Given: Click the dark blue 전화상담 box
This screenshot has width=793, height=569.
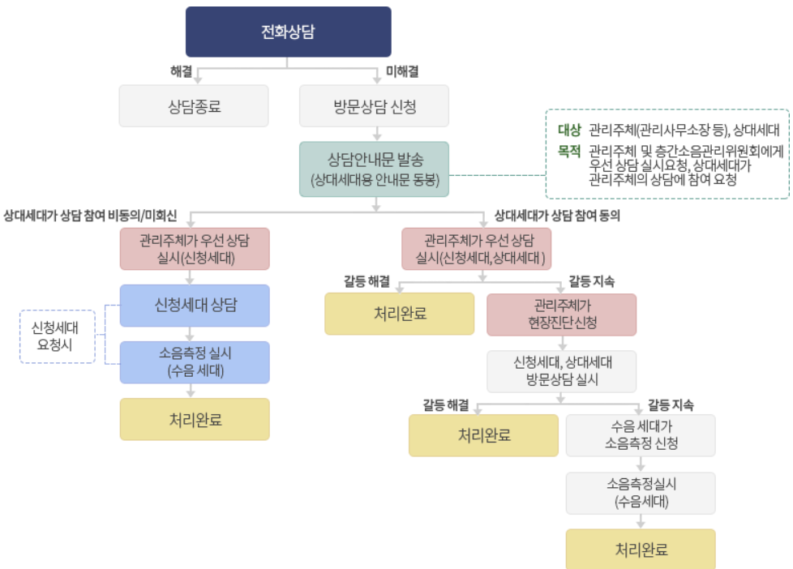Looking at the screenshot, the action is pyautogui.click(x=289, y=32).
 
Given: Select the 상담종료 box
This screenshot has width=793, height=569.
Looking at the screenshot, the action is pyautogui.click(x=194, y=106).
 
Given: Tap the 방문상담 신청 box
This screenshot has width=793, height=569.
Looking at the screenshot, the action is pyautogui.click(x=374, y=106).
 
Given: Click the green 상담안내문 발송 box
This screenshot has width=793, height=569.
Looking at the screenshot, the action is pyautogui.click(x=374, y=169).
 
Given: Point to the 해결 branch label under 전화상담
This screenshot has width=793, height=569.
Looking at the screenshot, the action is pyautogui.click(x=181, y=71).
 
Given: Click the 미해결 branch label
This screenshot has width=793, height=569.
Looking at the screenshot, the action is pyautogui.click(x=402, y=71).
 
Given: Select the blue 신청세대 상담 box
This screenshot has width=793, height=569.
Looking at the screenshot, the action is pyautogui.click(x=195, y=306).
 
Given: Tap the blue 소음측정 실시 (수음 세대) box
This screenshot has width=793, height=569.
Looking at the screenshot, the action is pyautogui.click(x=195, y=362).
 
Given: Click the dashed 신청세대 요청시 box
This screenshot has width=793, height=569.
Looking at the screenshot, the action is pyautogui.click(x=58, y=336).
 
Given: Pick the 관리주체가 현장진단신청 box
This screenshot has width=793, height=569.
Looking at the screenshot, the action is pyautogui.click(x=561, y=314).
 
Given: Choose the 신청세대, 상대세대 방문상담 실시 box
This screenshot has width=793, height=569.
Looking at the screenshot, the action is pyautogui.click(x=561, y=370).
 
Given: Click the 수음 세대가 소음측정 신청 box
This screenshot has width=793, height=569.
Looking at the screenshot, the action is pyautogui.click(x=641, y=435).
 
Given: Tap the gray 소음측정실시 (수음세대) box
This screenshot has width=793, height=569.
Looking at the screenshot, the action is pyautogui.click(x=641, y=492).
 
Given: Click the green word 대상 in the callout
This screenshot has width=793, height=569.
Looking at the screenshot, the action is pyautogui.click(x=569, y=130).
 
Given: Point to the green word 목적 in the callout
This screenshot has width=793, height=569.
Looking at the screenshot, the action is pyautogui.click(x=569, y=151).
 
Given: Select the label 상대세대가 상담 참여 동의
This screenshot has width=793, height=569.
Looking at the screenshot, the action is pyautogui.click(x=551, y=216).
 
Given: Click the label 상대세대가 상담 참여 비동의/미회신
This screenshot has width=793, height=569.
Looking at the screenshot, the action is pyautogui.click(x=90, y=216).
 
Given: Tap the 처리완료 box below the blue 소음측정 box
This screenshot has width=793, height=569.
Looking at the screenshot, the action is pyautogui.click(x=195, y=419).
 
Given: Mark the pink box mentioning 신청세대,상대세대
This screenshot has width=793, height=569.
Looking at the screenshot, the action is pyautogui.click(x=477, y=249).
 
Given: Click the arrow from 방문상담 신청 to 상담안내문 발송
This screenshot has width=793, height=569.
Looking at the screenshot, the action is pyautogui.click(x=374, y=134).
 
